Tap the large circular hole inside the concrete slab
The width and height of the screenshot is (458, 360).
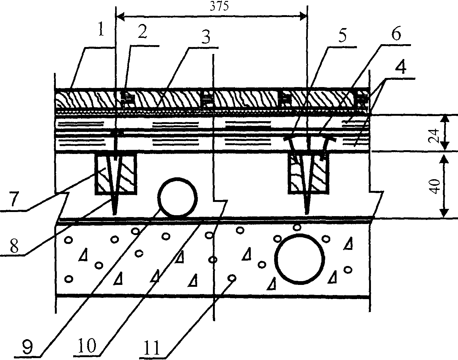301,259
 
